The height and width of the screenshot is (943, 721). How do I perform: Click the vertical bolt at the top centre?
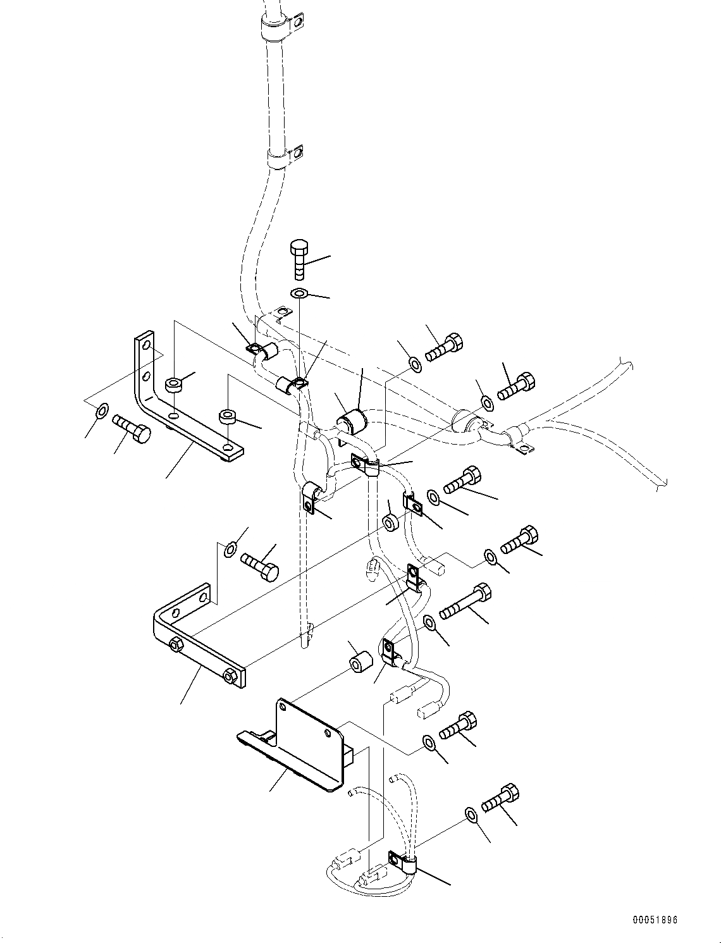[x=299, y=257]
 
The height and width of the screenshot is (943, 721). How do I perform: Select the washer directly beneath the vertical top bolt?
[x=299, y=293]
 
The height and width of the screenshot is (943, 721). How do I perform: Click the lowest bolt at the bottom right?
[x=500, y=798]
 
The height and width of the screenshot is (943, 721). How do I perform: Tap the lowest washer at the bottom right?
[x=470, y=813]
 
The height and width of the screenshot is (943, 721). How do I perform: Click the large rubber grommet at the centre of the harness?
[x=352, y=422]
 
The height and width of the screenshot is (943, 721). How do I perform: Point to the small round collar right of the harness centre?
[x=390, y=522]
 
